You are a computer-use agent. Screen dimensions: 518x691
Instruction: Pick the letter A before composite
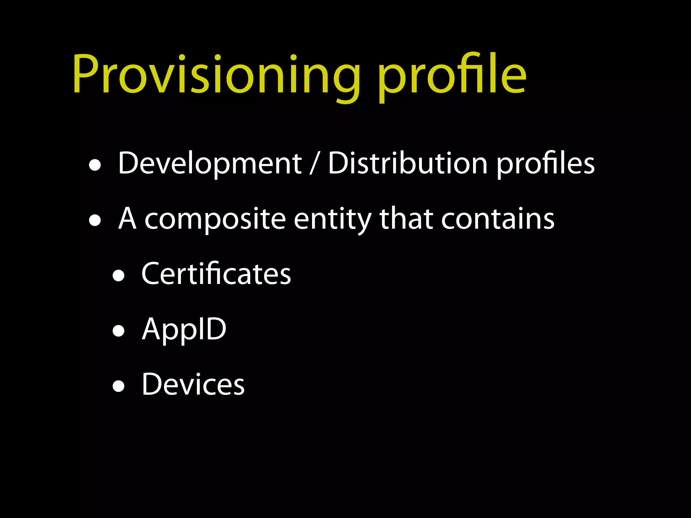click(x=128, y=219)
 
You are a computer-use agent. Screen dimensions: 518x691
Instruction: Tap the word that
click(x=406, y=219)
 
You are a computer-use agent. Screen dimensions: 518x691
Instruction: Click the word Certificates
click(x=216, y=274)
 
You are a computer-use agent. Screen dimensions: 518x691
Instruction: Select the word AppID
click(x=184, y=329)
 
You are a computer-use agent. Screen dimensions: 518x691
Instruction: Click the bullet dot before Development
click(x=95, y=166)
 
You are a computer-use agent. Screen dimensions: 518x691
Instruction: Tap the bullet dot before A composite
click(x=95, y=221)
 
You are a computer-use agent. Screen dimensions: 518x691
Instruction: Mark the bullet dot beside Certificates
click(x=118, y=276)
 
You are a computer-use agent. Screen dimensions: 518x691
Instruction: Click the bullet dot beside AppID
click(x=118, y=332)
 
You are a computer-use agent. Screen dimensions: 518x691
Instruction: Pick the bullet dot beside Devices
click(x=118, y=386)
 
